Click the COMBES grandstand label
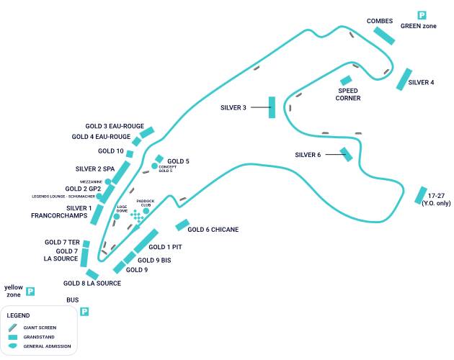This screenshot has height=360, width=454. (379, 21)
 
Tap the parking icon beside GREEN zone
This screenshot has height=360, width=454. (422, 15)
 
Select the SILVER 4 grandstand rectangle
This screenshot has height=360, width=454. (404, 79)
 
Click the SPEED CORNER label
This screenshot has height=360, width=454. (348, 94)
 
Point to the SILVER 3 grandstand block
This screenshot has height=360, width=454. (272, 107)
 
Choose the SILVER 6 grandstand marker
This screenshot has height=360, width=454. (347, 154)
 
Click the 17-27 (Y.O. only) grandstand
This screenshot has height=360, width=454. (420, 195)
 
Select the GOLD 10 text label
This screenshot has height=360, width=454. (111, 151)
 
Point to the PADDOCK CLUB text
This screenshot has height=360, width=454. (146, 204)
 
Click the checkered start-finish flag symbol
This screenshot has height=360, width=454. (137, 217)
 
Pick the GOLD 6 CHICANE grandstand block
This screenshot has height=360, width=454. (182, 225)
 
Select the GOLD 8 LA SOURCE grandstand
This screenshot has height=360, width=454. (92, 274)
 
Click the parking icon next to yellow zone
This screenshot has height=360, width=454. (30, 292)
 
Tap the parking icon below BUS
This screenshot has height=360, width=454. (84, 312)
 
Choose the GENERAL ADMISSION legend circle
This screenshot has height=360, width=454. (12, 346)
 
